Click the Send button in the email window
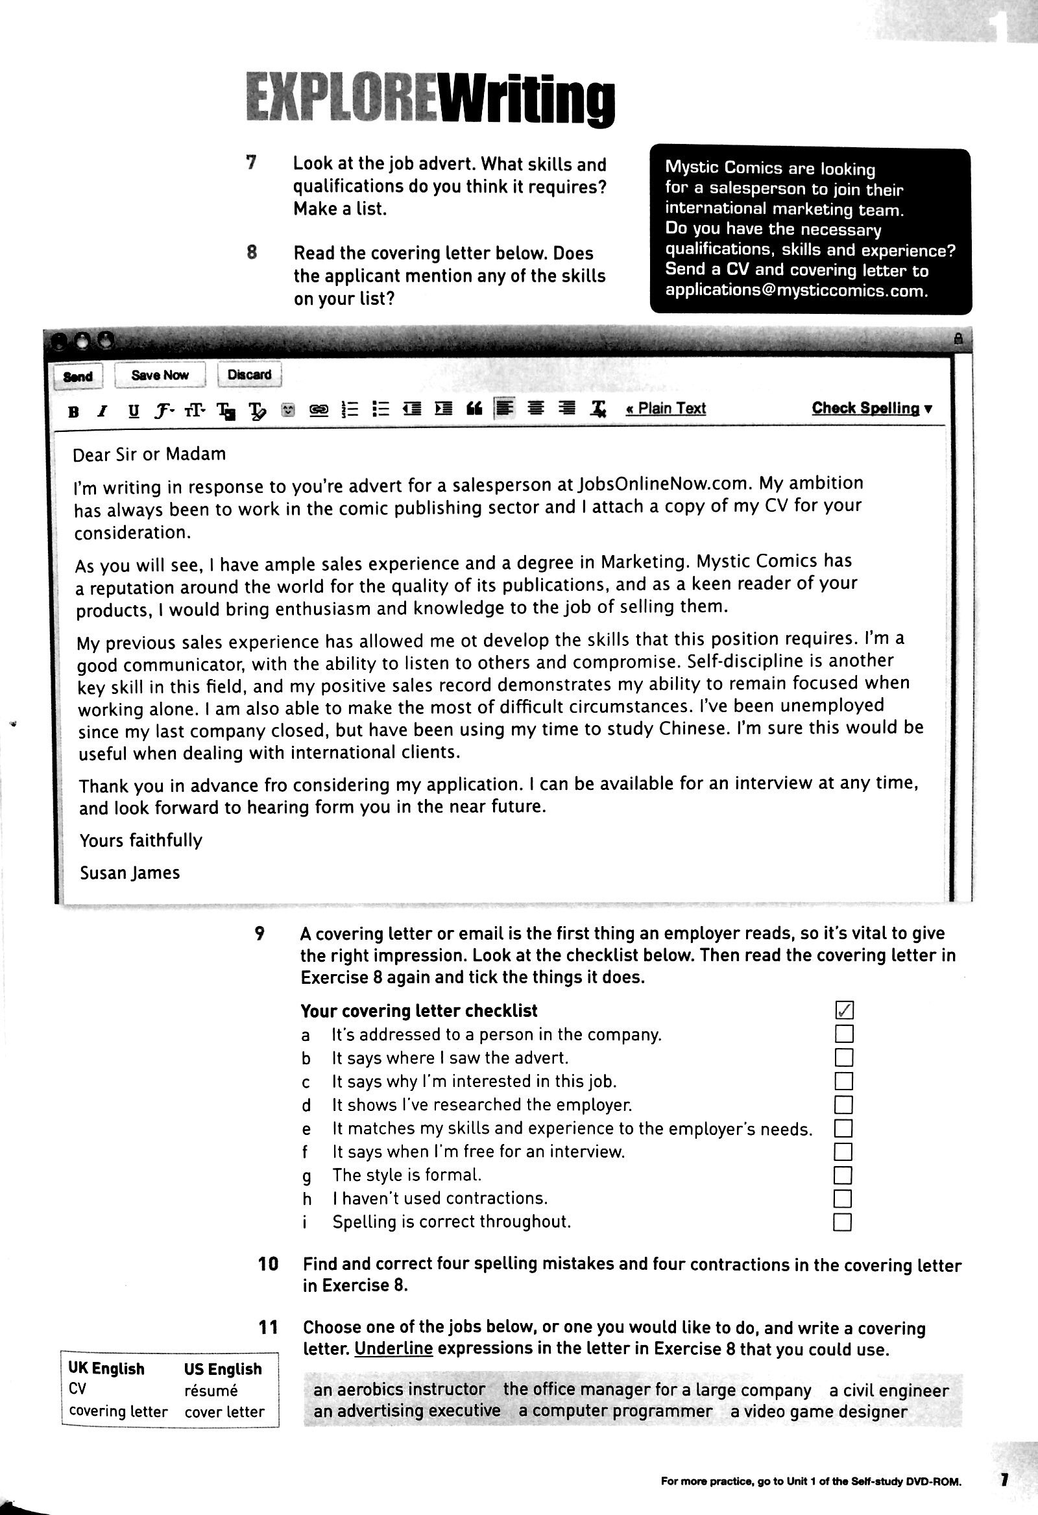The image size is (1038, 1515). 78,376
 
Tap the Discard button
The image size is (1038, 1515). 249,375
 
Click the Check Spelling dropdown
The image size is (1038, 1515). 872,408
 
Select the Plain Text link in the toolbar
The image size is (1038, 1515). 666,408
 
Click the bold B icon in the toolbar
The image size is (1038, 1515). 74,411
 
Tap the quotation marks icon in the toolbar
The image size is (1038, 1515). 474,409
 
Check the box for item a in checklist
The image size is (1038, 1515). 844,1034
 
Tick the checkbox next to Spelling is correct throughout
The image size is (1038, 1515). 842,1222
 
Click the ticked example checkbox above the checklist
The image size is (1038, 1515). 844,1010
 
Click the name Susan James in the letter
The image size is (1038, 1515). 130,873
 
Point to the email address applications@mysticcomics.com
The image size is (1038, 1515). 796,291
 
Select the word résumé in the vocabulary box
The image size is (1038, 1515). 211,1390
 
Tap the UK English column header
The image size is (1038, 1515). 106,1369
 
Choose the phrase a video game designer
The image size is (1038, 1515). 818,1412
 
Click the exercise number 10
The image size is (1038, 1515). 268,1264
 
